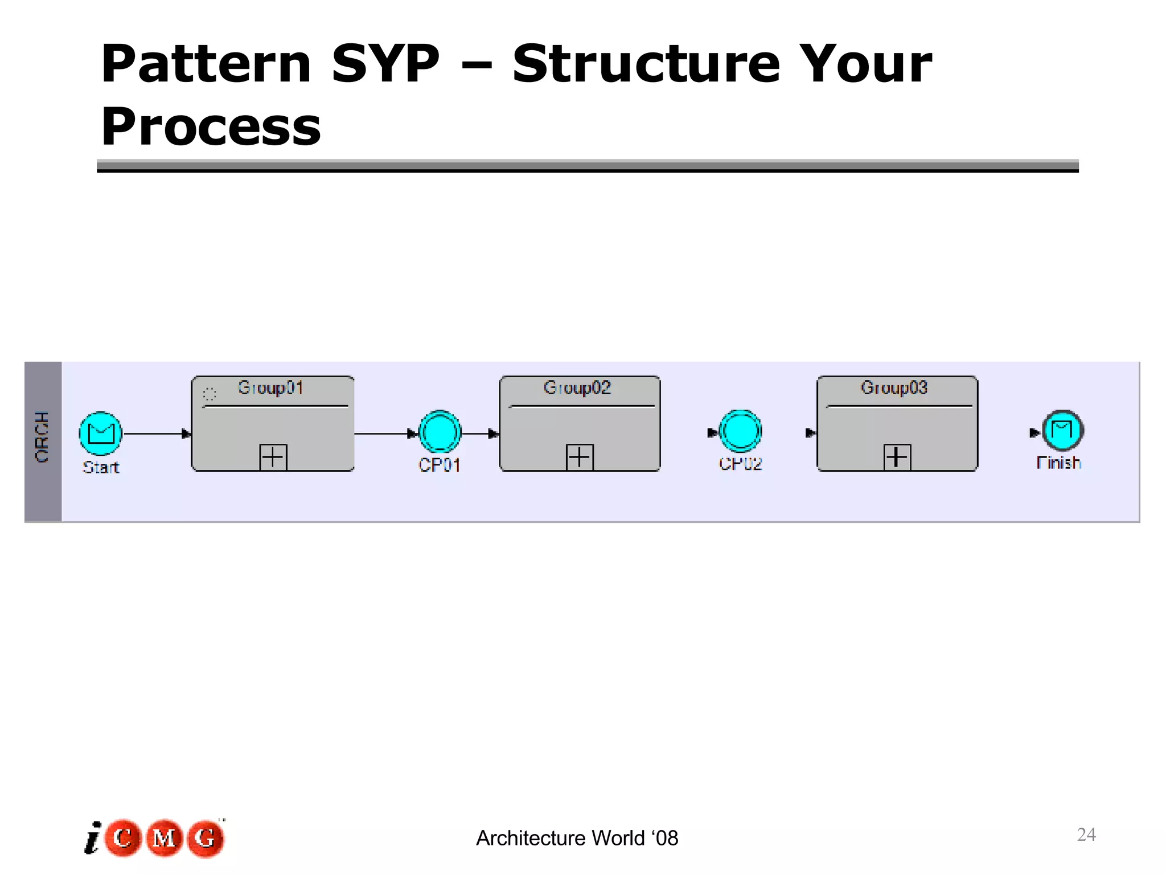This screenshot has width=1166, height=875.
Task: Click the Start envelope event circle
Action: click(x=101, y=434)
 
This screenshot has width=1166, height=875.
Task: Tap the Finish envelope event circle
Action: click(x=1062, y=431)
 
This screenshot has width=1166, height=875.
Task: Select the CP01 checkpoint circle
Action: click(x=440, y=432)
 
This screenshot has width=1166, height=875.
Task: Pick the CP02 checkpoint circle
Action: click(x=740, y=431)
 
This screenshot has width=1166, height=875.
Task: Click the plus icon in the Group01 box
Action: click(x=273, y=457)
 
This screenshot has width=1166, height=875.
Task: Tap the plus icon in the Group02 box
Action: click(x=580, y=457)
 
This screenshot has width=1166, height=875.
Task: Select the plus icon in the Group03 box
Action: click(x=897, y=457)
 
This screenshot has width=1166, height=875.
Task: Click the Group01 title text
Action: click(x=270, y=388)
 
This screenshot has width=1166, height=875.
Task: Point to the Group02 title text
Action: click(x=577, y=388)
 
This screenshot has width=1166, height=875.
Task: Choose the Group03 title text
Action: click(x=894, y=388)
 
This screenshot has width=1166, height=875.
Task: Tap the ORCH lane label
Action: click(x=43, y=437)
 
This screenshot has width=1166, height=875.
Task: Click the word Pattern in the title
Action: click(x=206, y=64)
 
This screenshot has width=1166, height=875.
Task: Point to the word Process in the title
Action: click(x=211, y=126)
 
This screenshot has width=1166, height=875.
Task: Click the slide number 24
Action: click(x=1086, y=835)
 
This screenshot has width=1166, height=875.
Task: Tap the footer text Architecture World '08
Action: click(x=577, y=839)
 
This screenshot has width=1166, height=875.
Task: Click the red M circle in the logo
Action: click(x=164, y=838)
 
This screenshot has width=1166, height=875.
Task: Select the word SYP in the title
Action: click(x=385, y=64)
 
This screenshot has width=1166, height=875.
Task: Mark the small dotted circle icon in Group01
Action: click(x=210, y=394)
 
